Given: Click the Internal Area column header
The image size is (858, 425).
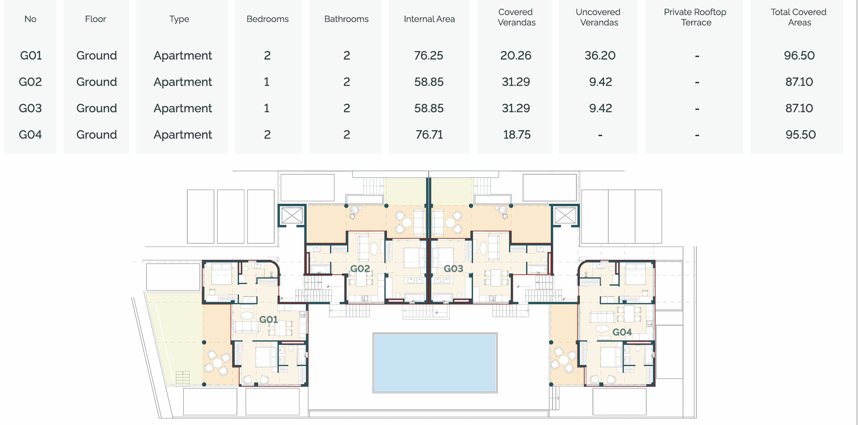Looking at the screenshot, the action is pos(429,19).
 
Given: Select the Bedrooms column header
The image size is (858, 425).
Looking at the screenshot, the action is pos(267,19).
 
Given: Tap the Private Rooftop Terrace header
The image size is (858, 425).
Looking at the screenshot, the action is pos(695,17).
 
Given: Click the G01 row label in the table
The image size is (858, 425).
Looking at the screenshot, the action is pos(31,56).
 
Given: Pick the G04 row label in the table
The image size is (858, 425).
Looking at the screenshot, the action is pos(30,135).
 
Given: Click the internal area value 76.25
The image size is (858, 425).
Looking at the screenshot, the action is pos(429,56).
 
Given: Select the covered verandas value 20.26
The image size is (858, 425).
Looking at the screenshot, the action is pos(516,56).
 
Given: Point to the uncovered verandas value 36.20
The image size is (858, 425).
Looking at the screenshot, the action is pos(600,56).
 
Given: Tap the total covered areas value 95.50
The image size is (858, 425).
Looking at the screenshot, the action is pos(801,135).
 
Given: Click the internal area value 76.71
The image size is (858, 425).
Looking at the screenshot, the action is pos(429,135).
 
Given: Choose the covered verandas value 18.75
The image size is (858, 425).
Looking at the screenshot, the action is pos(517,135).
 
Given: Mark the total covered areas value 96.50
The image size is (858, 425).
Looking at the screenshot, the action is pos(799,56).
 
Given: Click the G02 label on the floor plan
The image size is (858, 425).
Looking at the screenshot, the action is pos(360,269).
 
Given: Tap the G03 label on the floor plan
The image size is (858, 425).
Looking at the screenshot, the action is pos(453,269).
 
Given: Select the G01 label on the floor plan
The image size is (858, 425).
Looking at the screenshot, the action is pos(268,320).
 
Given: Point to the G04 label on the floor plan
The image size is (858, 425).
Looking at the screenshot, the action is pos(622,332).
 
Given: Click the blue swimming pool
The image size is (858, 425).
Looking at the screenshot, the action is pos(435,363).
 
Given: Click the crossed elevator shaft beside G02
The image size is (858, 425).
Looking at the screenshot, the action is pos(292,215).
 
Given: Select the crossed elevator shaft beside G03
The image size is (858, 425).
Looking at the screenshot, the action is pos(565,215).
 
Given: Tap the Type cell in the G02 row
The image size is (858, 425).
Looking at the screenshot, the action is pos(183,82).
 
